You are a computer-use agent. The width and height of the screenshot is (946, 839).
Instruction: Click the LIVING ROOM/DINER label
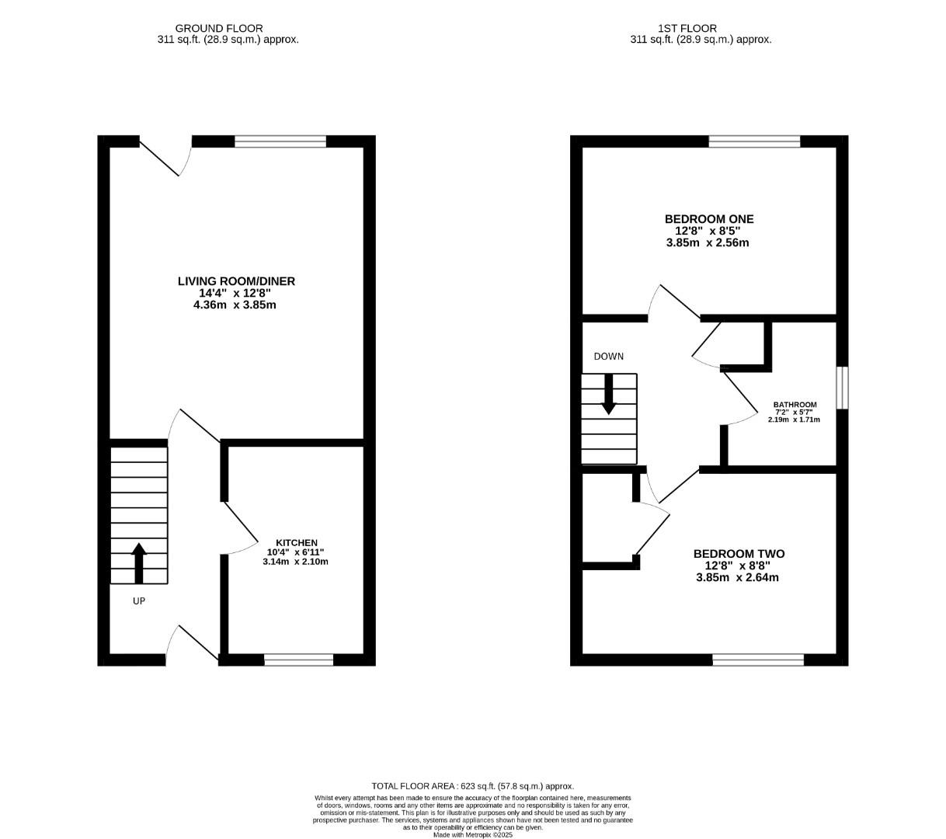coord(236,281)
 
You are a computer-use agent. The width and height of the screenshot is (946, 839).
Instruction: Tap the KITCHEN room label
coord(297,542)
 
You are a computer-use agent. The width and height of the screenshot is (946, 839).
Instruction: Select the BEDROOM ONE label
coord(708,219)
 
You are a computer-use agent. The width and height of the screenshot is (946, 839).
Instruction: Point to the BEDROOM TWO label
coord(738,554)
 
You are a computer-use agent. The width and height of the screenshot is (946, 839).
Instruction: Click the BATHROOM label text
coord(795,405)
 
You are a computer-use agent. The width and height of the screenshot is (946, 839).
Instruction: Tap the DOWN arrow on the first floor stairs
coord(608,394)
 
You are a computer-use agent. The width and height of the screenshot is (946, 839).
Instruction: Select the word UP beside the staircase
coord(139,601)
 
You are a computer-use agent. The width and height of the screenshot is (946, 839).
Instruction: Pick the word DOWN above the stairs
coord(608,357)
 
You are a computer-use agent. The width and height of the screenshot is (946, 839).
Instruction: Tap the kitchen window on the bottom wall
coord(298,660)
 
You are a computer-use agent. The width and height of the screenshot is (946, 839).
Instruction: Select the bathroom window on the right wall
coord(842,387)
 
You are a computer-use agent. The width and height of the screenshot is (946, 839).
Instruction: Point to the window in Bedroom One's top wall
coord(754,141)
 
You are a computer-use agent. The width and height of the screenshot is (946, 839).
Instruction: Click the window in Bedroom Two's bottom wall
coord(758,660)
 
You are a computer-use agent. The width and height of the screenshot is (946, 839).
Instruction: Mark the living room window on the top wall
coord(280,141)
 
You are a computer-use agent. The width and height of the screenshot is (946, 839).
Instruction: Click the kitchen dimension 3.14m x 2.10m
coord(295,561)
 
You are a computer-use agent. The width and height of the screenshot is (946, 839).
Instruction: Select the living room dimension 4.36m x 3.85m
coord(235,305)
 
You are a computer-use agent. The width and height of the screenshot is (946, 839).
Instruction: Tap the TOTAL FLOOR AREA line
coord(472,786)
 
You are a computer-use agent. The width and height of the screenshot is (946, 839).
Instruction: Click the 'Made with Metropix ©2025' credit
coord(472,835)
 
